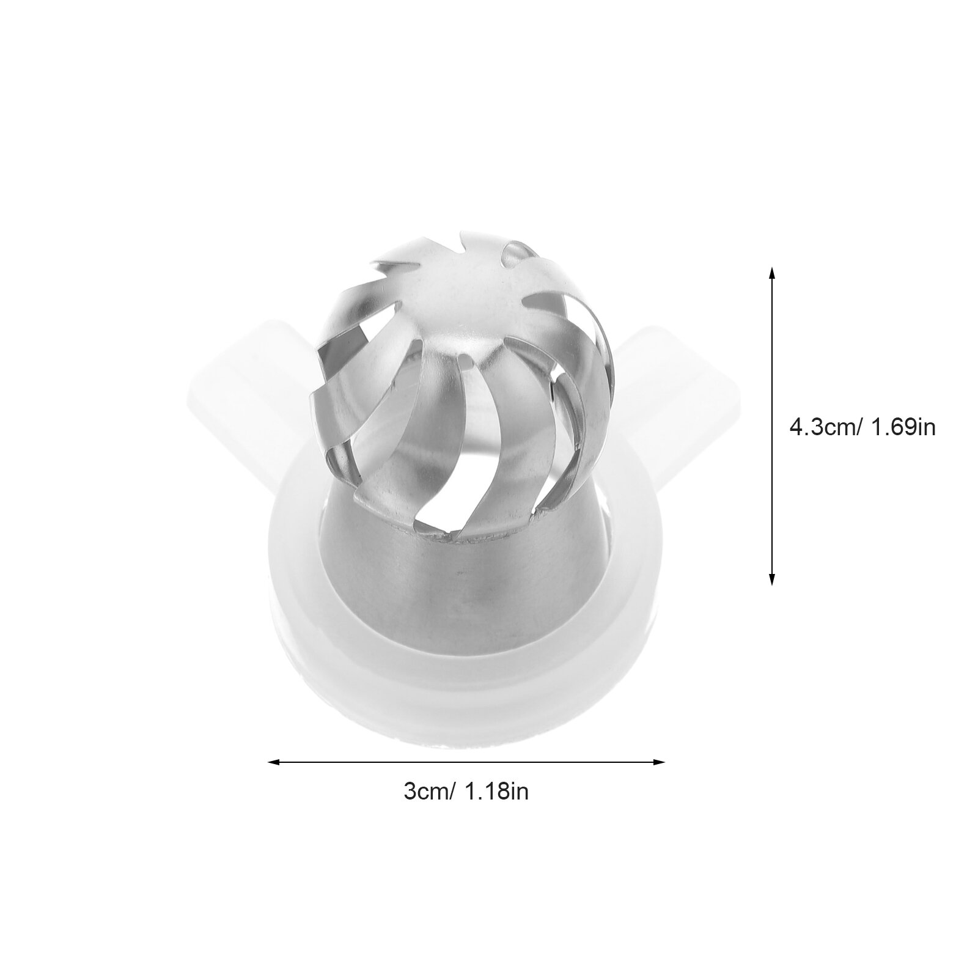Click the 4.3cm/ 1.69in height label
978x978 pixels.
click(x=862, y=427)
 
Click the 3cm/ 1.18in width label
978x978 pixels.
click(x=466, y=792)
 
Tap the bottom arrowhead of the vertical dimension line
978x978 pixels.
click(x=771, y=579)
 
